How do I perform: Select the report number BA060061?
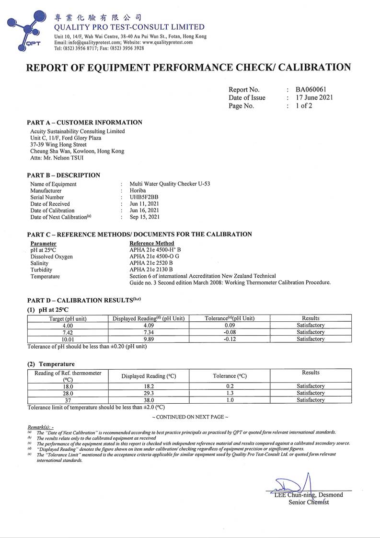(311, 89)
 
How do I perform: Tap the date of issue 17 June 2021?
(314, 98)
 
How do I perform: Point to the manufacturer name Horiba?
(138, 190)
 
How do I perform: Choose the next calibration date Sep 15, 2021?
(145, 217)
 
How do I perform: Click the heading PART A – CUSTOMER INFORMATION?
(84, 122)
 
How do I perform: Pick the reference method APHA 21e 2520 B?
(151, 263)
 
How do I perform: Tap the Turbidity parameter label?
(42, 270)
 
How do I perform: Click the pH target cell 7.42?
(68, 332)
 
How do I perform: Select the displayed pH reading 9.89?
(149, 339)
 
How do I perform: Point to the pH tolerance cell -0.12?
(230, 339)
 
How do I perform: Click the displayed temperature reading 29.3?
(149, 393)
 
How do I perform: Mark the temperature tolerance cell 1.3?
(230, 393)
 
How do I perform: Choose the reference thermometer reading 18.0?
(68, 386)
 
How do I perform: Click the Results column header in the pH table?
(311, 318)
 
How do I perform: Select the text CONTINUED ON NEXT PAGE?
(190, 417)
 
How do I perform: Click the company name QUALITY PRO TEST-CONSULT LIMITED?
(129, 27)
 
